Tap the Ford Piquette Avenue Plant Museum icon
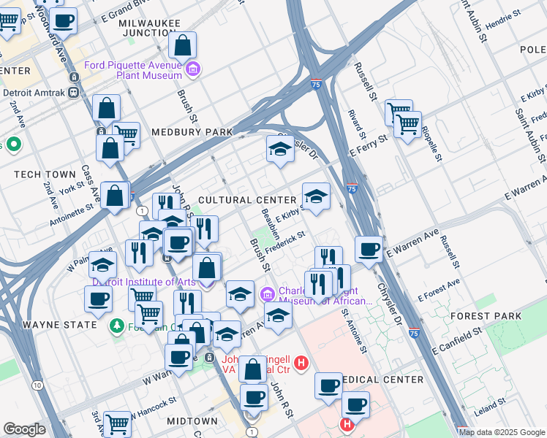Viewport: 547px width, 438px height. point(194,70)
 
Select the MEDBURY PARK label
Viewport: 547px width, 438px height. point(192,132)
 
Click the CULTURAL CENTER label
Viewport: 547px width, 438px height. point(247,200)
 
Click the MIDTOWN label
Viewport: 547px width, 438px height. point(192,421)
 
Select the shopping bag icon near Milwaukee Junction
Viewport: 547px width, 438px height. point(182,45)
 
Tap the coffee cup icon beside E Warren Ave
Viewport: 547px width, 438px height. point(369,249)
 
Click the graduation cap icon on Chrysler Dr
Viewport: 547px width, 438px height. point(280,148)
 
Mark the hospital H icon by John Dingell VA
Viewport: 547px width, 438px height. point(299,361)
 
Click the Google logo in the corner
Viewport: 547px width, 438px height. point(24,429)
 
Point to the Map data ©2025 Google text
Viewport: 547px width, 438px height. point(502,432)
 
